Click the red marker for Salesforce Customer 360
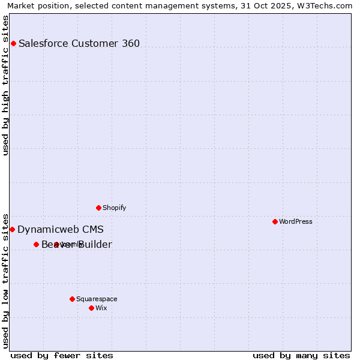tap(13, 43)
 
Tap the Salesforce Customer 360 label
tap(79, 43)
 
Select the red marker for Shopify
tap(98, 208)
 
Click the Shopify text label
tap(114, 208)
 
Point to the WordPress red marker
tap(275, 221)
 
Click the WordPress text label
tap(296, 221)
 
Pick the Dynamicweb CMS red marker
tap(12, 229)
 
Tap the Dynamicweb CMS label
tap(61, 229)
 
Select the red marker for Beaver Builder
tap(36, 244)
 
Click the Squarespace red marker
tap(72, 299)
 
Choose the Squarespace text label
tap(97, 299)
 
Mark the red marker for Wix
tap(91, 308)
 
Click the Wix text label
tap(101, 308)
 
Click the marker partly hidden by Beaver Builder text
tap(56, 244)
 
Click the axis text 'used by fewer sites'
tap(62, 355)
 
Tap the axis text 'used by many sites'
tap(301, 355)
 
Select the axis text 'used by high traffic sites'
tap(5, 85)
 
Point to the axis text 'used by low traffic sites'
tap(5, 280)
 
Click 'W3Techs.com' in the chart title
tap(327, 5)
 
